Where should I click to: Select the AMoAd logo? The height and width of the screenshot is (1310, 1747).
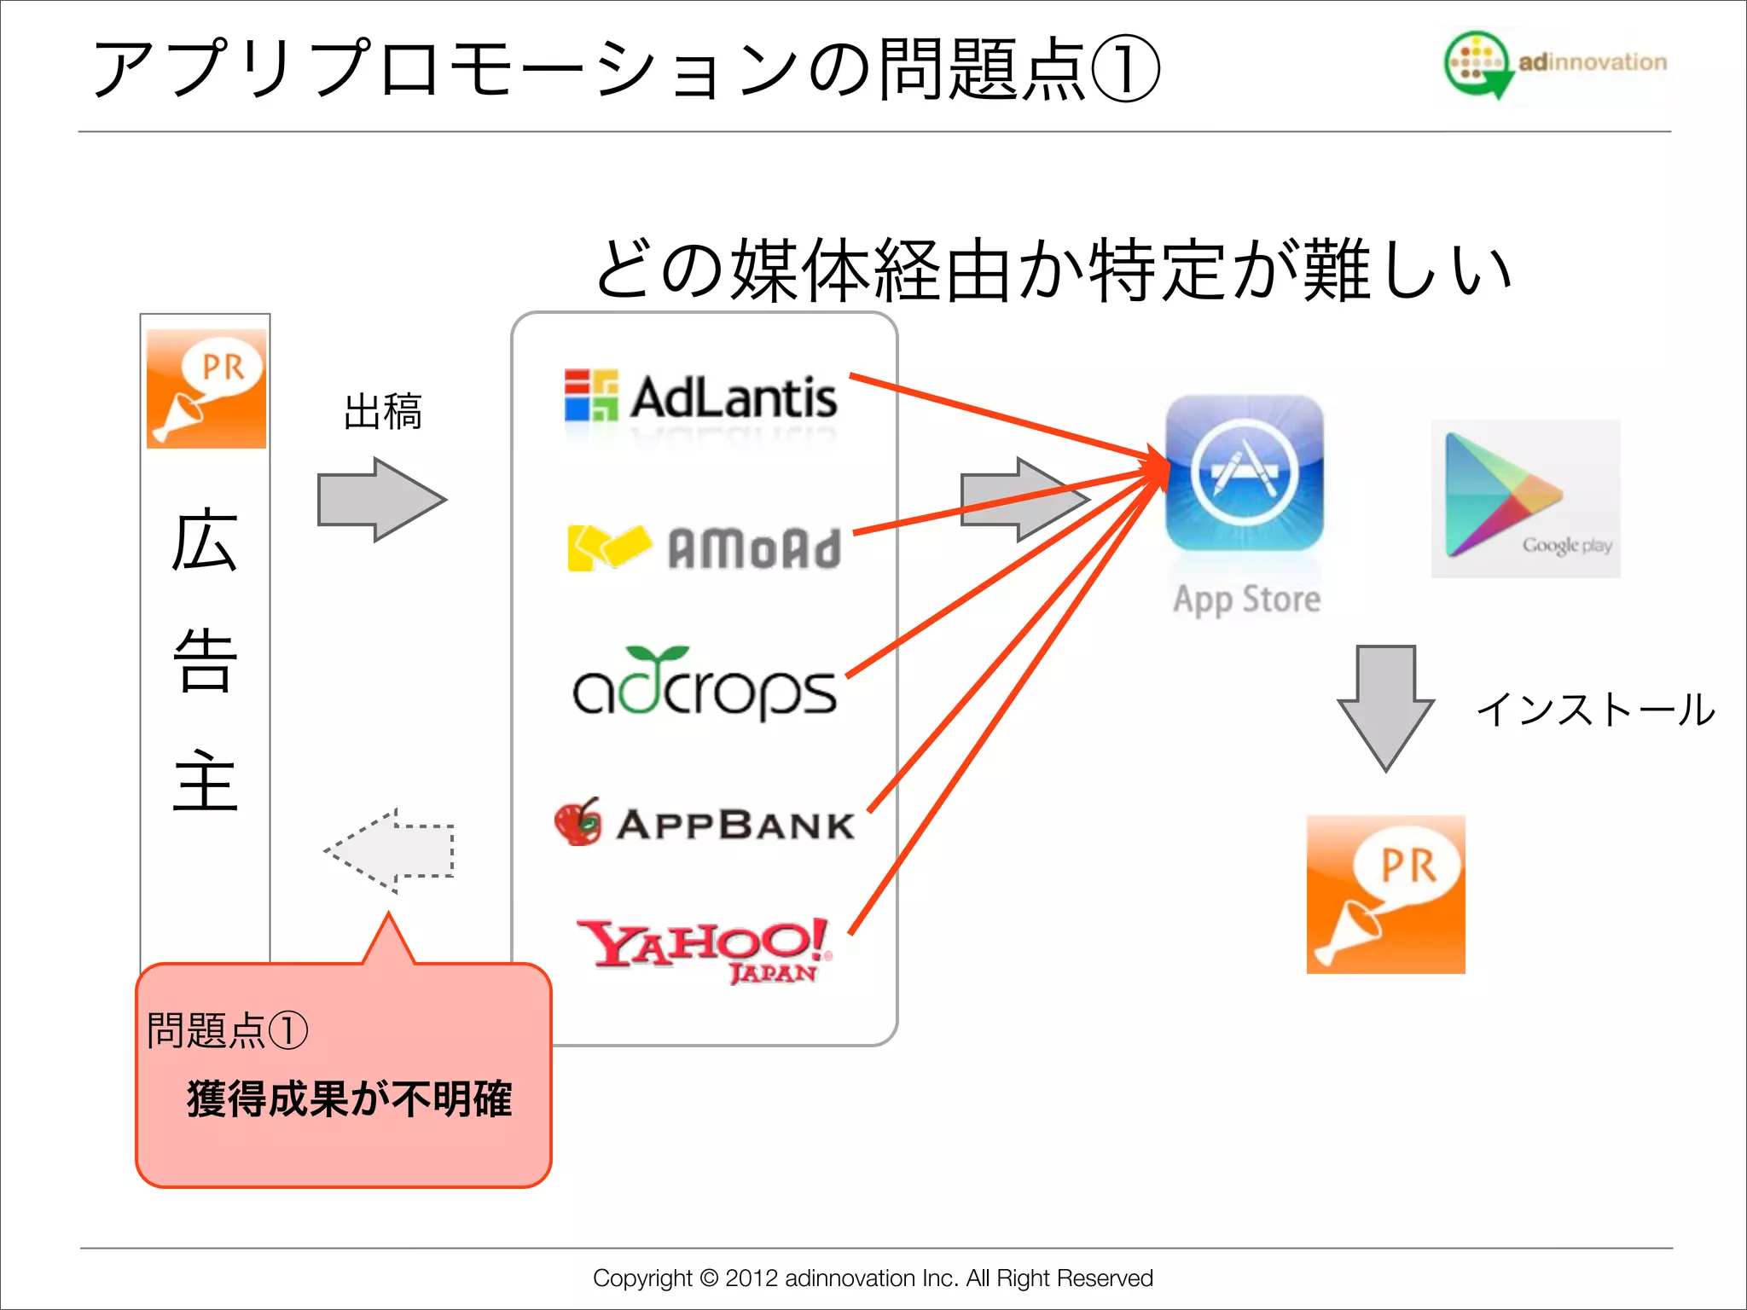(x=705, y=548)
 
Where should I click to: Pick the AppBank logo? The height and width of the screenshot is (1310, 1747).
(x=705, y=823)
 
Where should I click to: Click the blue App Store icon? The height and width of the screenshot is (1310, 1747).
(x=1245, y=473)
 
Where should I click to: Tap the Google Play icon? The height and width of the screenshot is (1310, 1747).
(x=1525, y=499)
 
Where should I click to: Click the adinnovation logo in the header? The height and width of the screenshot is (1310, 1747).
(x=1554, y=63)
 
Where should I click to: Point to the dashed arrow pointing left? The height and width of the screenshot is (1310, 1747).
(x=390, y=850)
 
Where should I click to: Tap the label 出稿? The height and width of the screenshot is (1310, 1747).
(x=383, y=412)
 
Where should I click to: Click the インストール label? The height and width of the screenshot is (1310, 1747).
(x=1595, y=710)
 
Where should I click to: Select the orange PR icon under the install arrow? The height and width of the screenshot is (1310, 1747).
(x=1385, y=894)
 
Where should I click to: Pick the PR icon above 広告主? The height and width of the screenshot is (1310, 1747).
(x=206, y=389)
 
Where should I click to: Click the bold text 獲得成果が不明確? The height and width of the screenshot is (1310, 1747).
(x=349, y=1098)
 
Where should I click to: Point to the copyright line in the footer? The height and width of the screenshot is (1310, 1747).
(x=873, y=1278)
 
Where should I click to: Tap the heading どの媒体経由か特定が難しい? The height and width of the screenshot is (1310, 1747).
(x=1053, y=271)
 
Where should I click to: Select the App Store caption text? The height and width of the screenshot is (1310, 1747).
(x=1246, y=600)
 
